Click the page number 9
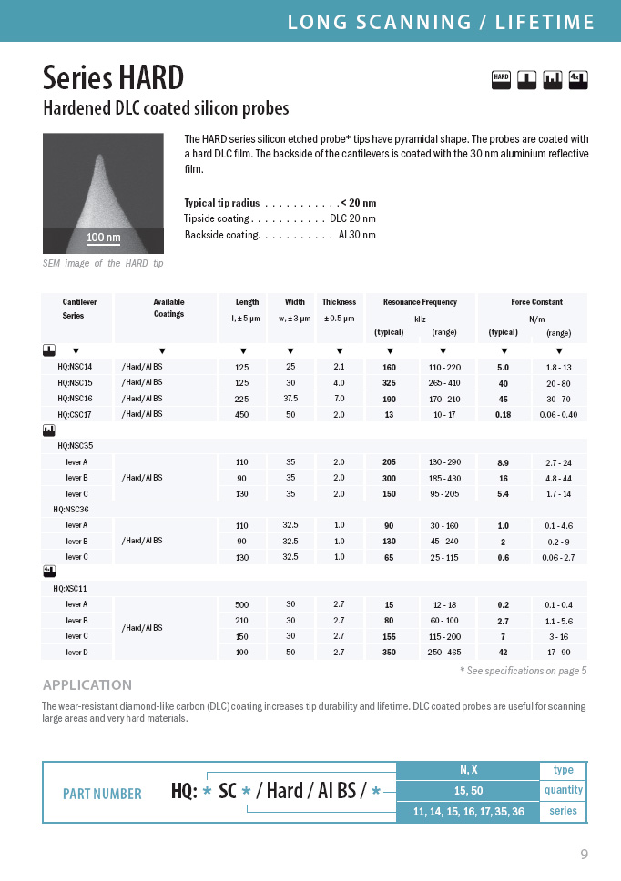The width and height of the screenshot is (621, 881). [584, 854]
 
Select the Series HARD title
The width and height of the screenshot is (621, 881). [114, 76]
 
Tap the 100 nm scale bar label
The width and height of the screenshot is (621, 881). [103, 238]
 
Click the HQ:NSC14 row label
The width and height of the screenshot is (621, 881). [75, 367]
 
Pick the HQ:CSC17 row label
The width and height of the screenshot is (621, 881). [75, 415]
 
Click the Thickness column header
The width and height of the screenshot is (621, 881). [339, 302]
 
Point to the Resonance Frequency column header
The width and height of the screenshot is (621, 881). [420, 302]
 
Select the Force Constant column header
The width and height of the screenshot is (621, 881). [536, 302]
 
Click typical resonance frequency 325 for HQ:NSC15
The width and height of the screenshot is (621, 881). [389, 383]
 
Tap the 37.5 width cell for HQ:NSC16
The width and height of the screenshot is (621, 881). [290, 399]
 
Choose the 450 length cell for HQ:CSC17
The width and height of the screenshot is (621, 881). [242, 415]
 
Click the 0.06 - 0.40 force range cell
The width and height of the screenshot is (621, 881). [558, 415]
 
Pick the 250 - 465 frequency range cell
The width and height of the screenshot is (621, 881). [444, 653]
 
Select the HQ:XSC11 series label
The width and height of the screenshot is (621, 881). [72, 589]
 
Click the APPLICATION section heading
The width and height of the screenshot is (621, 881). [87, 685]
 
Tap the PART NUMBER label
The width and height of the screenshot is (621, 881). [102, 794]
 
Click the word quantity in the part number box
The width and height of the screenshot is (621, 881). [563, 790]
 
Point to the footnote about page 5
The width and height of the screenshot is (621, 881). [523, 671]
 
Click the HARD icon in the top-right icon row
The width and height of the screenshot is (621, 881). [501, 79]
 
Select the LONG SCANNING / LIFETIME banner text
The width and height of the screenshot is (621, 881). [441, 22]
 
